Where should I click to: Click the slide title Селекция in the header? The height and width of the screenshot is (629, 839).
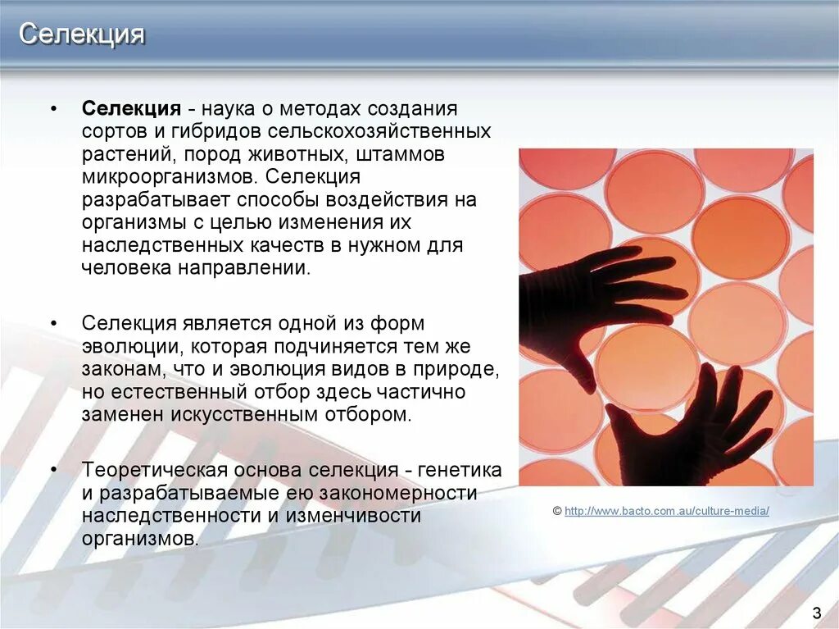click(82, 35)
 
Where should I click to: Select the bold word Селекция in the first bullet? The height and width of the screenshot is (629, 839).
click(130, 110)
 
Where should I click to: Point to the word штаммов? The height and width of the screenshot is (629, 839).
click(406, 154)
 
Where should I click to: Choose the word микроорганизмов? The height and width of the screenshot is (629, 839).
click(166, 177)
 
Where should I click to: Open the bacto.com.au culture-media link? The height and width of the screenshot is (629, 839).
click(667, 511)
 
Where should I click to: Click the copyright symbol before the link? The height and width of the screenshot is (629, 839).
click(557, 511)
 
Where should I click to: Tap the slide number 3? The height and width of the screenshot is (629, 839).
click(816, 613)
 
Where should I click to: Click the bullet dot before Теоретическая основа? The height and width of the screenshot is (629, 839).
click(54, 471)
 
